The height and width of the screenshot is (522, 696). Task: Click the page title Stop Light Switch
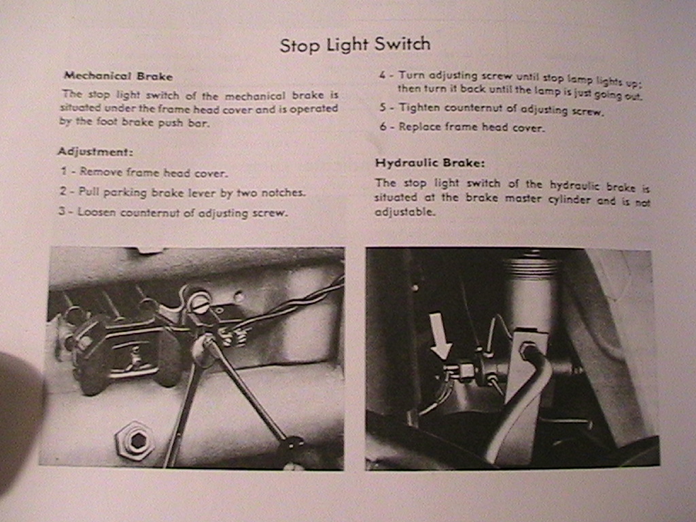coord(355,45)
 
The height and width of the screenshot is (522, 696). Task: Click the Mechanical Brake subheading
coord(118,76)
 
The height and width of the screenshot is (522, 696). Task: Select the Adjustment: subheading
coord(94,151)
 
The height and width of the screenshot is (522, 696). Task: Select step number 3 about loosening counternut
coord(62,212)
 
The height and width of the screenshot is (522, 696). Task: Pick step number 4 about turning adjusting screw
coord(383,75)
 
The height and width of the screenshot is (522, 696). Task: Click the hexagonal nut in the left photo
coord(135,441)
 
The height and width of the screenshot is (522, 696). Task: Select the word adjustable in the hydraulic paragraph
coord(404,212)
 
